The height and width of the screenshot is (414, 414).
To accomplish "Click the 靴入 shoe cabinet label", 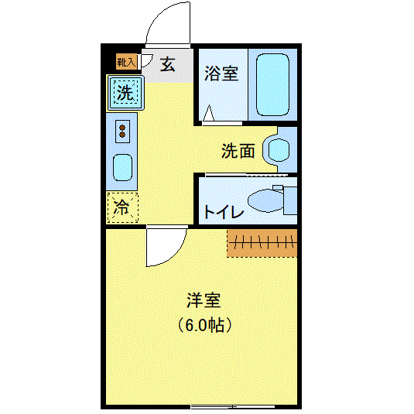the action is [x=126, y=63].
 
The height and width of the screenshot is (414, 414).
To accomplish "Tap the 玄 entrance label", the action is [x=167, y=64].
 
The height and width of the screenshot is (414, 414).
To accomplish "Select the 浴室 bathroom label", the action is [x=221, y=74].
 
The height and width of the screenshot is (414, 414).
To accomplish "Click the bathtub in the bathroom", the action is [x=272, y=85].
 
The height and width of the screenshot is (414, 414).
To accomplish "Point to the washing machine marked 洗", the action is [x=125, y=92].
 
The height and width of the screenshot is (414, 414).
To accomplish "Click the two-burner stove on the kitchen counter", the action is [x=122, y=132].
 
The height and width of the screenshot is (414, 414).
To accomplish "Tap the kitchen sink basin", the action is [x=122, y=168].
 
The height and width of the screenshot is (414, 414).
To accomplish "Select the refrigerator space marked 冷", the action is [x=122, y=208].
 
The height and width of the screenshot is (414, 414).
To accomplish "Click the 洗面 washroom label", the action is [x=238, y=151].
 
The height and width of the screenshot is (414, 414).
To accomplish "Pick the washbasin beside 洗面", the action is [x=279, y=150].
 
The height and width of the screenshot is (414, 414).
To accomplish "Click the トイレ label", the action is [x=224, y=211].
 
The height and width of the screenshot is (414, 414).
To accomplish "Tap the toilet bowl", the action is [x=265, y=200].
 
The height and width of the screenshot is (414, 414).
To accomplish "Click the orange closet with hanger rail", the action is [x=262, y=243].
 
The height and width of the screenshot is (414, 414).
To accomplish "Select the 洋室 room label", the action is [x=204, y=300].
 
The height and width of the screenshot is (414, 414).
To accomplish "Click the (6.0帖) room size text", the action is [x=204, y=325].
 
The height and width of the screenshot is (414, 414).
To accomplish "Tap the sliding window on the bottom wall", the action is [x=233, y=406].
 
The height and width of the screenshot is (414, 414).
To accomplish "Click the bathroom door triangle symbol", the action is [x=209, y=113].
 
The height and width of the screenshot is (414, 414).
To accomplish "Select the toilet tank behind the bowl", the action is [x=290, y=200].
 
